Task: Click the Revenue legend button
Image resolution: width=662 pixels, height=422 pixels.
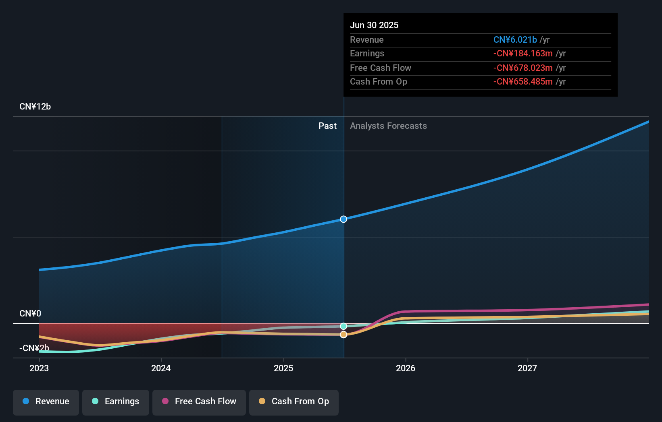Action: click(46, 401)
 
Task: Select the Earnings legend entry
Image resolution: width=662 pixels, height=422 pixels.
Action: click(116, 401)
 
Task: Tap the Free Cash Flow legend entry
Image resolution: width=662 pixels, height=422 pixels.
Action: click(199, 401)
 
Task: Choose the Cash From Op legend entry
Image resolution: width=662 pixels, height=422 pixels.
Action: click(294, 401)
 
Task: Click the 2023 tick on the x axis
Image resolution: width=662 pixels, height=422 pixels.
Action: click(39, 368)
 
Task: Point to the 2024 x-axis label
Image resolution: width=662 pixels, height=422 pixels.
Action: click(161, 368)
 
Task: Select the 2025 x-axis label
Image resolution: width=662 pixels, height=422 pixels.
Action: click(283, 368)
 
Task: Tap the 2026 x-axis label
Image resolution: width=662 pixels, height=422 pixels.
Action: click(406, 368)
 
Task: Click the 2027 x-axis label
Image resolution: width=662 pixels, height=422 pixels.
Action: click(527, 368)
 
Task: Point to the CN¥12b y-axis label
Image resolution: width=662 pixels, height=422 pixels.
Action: click(35, 107)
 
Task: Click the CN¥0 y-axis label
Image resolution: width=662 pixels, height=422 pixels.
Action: click(30, 313)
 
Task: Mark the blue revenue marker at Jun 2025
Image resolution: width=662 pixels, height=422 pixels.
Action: click(343, 219)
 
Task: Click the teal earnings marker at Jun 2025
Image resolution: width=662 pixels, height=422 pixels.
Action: click(343, 326)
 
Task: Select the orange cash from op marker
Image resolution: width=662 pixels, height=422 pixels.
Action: click(343, 335)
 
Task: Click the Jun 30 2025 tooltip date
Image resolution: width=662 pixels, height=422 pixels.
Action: click(374, 25)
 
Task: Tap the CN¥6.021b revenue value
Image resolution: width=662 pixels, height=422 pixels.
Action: click(515, 39)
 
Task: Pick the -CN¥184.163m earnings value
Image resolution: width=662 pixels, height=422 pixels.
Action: click(523, 54)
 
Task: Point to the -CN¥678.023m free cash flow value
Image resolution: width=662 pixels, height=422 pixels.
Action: click(523, 68)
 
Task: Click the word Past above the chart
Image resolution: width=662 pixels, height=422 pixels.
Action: click(327, 126)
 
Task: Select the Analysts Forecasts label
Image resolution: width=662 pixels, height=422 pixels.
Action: click(388, 126)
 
